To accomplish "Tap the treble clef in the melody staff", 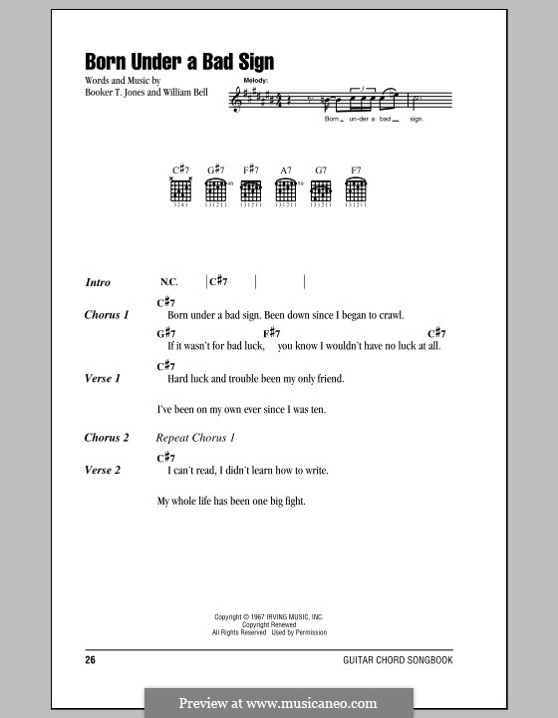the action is pos(236,100).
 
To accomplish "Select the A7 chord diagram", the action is pos(286,189).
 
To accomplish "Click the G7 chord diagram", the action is pos(320,189).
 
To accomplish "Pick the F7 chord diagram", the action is pos(355,189).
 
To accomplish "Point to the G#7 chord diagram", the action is pos(215,189).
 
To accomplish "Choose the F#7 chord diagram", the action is pos(250,189).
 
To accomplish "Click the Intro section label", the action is pos(99,283).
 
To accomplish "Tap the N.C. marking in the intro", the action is pos(167,283).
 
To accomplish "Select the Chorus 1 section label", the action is pos(107,315).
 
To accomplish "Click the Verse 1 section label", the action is pos(103,379).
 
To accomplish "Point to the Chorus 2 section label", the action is pos(107,438).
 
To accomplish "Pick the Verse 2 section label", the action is pos(103,470).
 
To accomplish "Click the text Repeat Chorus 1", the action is pos(196,438).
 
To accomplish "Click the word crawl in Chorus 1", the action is pos(390,315).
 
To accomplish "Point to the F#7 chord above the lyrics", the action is pos(272,333).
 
